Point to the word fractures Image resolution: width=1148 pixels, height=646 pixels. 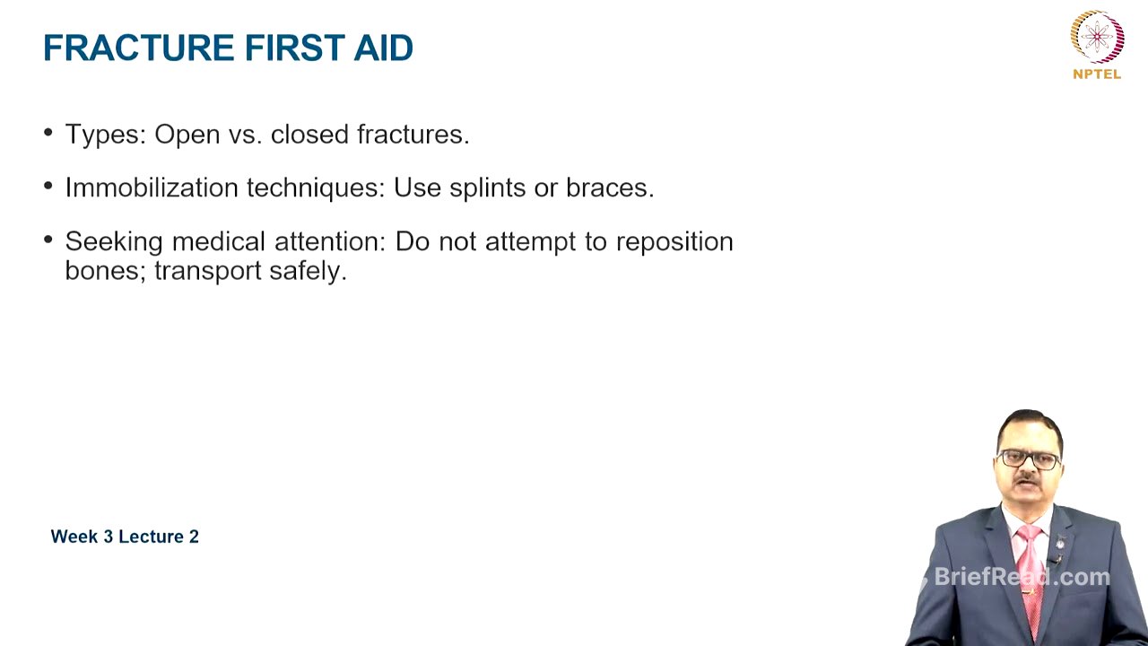click(413, 135)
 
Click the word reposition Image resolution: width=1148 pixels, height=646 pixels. click(674, 241)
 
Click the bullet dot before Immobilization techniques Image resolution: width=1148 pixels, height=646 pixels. click(48, 187)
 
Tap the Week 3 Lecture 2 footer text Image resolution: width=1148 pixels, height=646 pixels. click(125, 537)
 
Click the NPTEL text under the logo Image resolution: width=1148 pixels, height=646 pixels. click(1097, 74)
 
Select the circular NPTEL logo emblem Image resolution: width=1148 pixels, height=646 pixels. click(1097, 36)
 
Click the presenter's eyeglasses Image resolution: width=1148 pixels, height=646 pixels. click(1029, 458)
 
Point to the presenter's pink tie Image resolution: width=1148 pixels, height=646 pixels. click(1030, 574)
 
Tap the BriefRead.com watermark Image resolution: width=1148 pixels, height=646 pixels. click(1022, 577)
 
